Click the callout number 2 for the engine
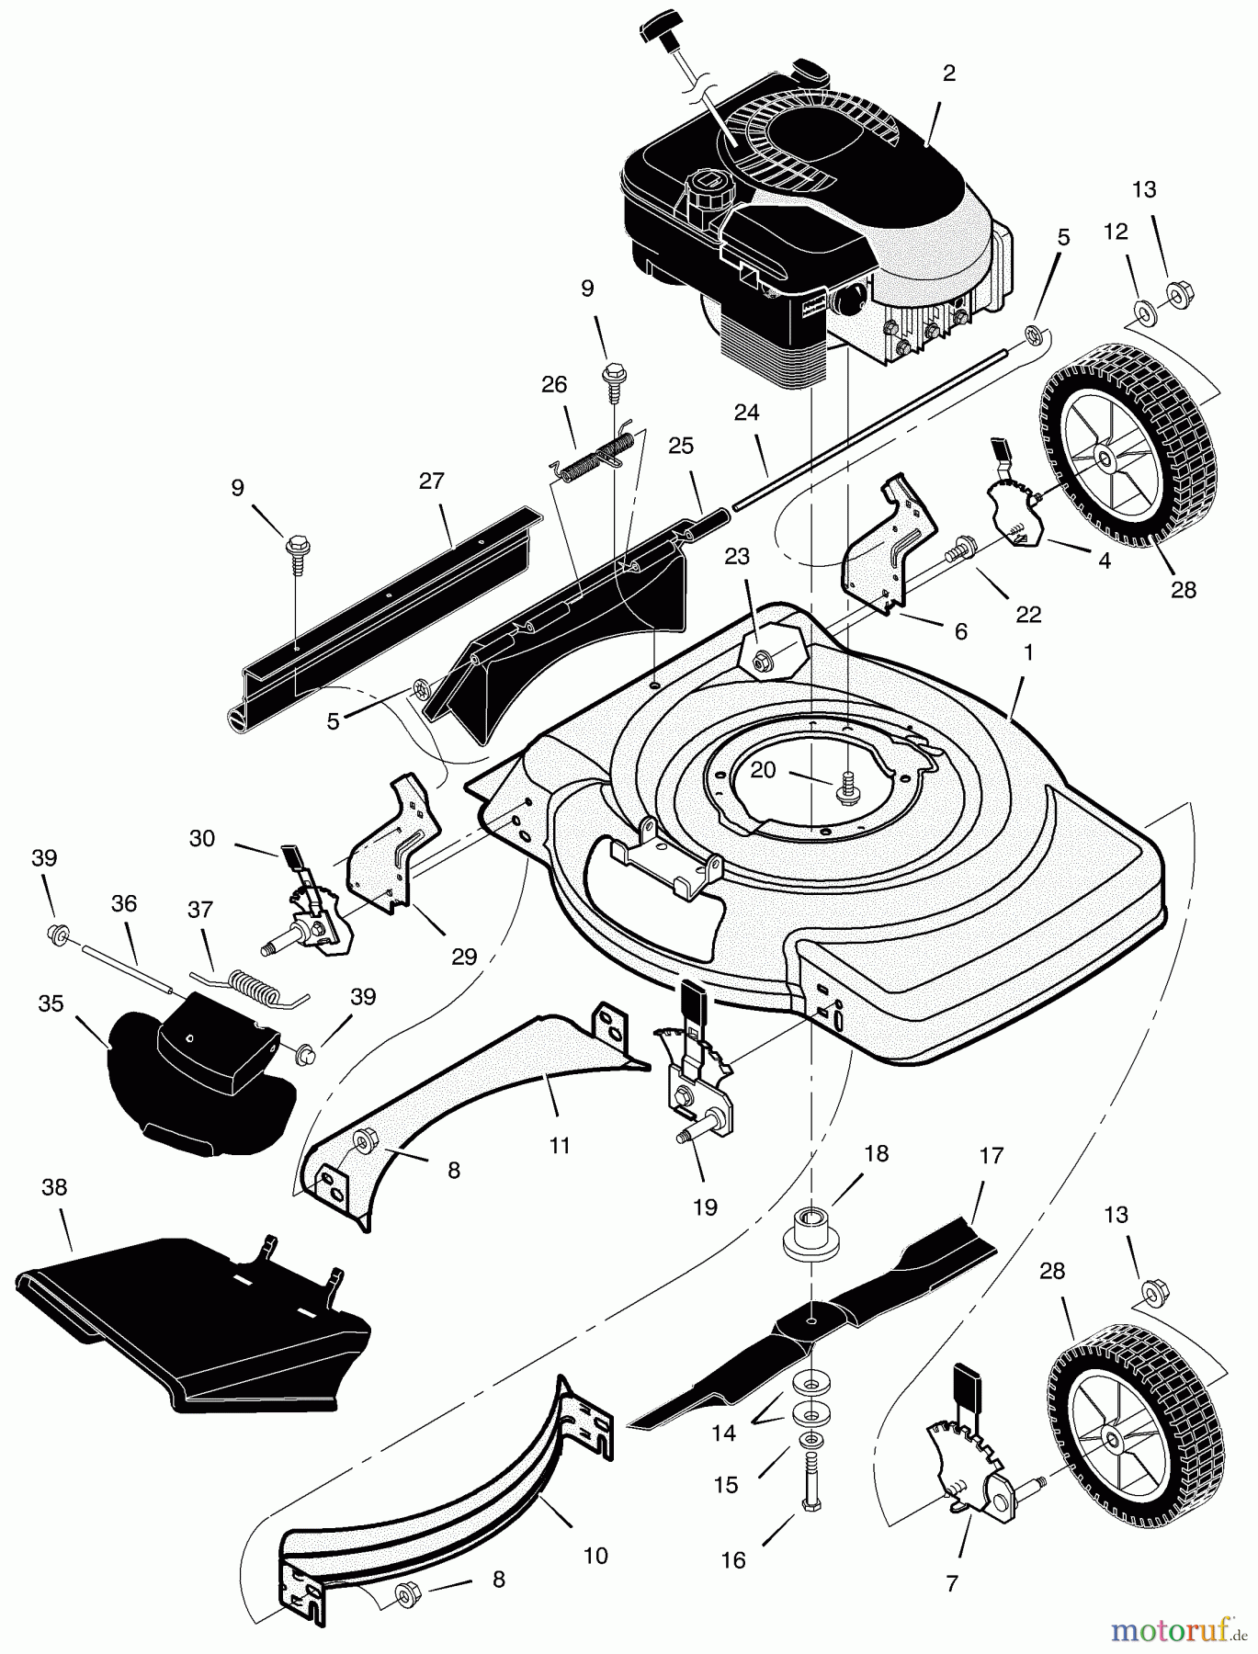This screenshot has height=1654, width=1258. click(x=949, y=74)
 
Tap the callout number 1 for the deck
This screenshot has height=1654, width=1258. click(x=1028, y=652)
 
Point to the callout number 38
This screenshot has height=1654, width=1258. click(x=54, y=1187)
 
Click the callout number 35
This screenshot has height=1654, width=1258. click(x=51, y=1003)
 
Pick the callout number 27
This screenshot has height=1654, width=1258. click(x=431, y=481)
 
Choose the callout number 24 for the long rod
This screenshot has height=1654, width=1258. click(x=746, y=413)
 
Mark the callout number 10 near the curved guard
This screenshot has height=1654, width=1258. click(x=595, y=1556)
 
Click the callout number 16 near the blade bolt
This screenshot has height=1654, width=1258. click(x=733, y=1560)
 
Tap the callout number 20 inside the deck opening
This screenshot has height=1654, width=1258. click(x=764, y=770)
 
